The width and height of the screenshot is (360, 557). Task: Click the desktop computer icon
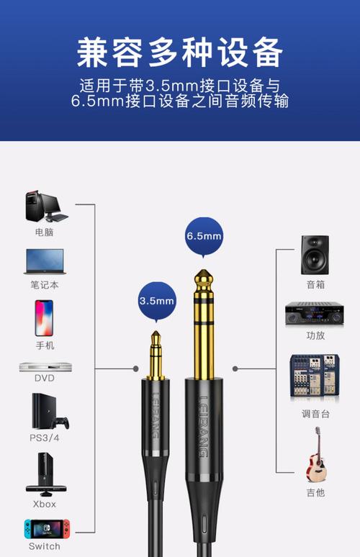(x=45, y=207)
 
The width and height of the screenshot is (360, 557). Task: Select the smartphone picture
(x=44, y=317)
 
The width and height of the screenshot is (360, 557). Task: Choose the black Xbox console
(x=44, y=472)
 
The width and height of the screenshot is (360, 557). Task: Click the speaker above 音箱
(x=315, y=253)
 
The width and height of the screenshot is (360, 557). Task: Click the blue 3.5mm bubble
(x=157, y=299)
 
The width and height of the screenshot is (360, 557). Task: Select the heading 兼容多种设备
(x=180, y=52)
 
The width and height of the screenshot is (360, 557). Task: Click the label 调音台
(x=315, y=414)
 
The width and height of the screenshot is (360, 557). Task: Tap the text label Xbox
(x=45, y=504)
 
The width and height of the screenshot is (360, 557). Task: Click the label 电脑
(x=45, y=232)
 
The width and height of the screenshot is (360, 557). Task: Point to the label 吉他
(x=315, y=492)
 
